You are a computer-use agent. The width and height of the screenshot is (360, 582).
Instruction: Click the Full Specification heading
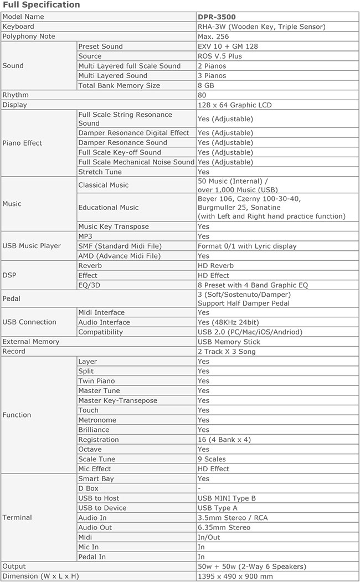(42, 5)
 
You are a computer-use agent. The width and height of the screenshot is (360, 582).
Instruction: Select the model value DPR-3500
(217, 17)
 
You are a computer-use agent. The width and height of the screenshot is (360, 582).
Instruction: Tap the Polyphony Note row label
(29, 37)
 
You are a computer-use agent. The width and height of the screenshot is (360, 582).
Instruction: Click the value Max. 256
(213, 37)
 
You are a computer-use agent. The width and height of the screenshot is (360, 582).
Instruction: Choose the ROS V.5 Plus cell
(220, 56)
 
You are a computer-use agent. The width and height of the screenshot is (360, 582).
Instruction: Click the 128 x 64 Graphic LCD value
(234, 105)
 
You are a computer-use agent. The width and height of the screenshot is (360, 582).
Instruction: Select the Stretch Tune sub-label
(100, 172)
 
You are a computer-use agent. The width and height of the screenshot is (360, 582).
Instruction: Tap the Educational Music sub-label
(109, 207)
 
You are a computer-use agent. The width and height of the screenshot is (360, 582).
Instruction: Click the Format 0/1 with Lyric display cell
(247, 246)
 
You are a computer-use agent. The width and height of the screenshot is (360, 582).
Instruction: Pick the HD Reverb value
(216, 266)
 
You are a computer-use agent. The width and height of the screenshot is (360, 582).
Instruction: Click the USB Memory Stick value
(229, 342)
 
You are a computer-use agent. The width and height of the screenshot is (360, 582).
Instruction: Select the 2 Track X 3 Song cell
(225, 352)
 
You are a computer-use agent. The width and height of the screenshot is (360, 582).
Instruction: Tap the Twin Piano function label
(97, 381)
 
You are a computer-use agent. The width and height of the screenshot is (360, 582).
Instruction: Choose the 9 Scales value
(212, 459)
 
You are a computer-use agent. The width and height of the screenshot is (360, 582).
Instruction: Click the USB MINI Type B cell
(227, 498)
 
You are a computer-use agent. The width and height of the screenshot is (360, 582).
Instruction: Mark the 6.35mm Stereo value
(224, 528)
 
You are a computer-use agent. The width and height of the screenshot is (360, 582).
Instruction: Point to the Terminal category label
(17, 518)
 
